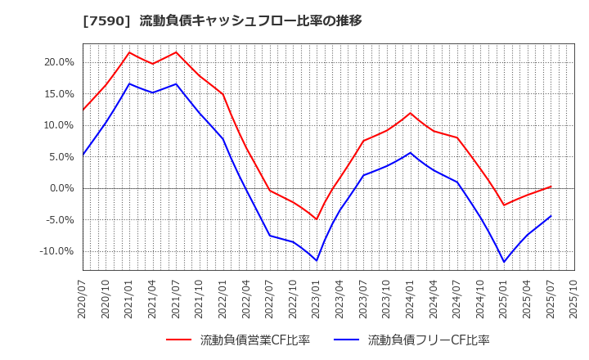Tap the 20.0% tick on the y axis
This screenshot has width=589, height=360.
(60, 62)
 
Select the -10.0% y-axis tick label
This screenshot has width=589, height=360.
(57, 251)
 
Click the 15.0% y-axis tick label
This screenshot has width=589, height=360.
(60, 94)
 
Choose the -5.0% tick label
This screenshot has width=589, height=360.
(60, 220)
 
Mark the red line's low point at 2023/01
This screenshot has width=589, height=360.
(317, 219)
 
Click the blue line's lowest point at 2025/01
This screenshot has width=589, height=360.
(504, 263)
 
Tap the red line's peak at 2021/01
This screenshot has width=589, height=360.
(129, 52)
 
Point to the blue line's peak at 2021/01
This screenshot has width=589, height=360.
(129, 83)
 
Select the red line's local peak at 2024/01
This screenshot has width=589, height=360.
(411, 113)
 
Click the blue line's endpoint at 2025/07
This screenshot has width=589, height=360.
(551, 216)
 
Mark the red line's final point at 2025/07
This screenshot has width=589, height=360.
(551, 187)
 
